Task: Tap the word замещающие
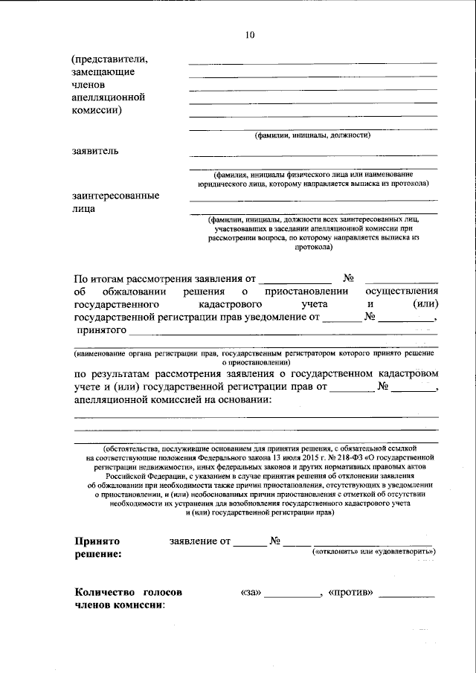point(103,71)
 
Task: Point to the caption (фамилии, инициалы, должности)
point(312,135)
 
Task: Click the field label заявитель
point(95,150)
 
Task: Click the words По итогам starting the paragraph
point(100,279)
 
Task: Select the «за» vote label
point(251,593)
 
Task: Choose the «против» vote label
point(350,593)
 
